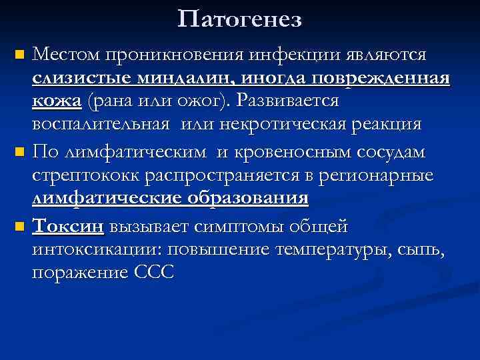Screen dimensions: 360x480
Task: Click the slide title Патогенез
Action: (x=240, y=19)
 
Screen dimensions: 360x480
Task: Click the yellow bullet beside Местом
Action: (x=20, y=53)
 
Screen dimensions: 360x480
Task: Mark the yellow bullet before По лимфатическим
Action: (x=20, y=153)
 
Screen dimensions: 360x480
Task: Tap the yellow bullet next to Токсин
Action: (x=20, y=227)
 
